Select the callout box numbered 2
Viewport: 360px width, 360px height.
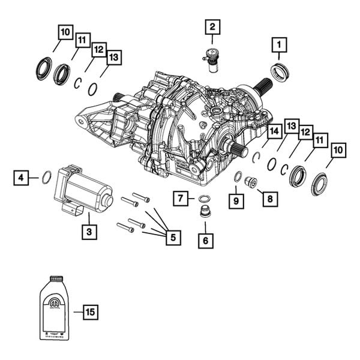point(211,26)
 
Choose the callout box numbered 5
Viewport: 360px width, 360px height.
point(172,238)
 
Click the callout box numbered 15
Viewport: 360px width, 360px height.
point(90,312)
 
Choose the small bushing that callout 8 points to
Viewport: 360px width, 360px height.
point(251,182)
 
